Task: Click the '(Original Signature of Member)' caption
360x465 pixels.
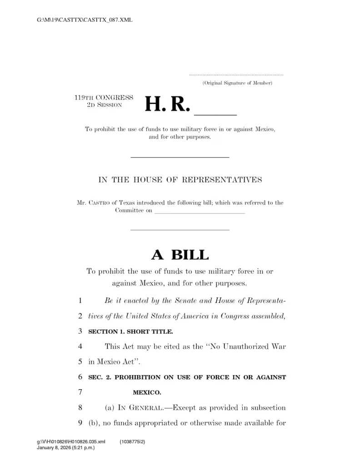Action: pos(237,83)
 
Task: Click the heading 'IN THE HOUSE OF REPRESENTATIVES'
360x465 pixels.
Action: pos(180,179)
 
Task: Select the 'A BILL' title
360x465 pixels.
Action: pos(180,255)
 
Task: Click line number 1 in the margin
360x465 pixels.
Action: pos(80,301)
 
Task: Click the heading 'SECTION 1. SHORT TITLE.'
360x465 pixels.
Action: pos(130,331)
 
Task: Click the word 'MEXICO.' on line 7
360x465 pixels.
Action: pos(147,392)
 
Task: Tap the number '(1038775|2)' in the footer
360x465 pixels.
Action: pos(132,441)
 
